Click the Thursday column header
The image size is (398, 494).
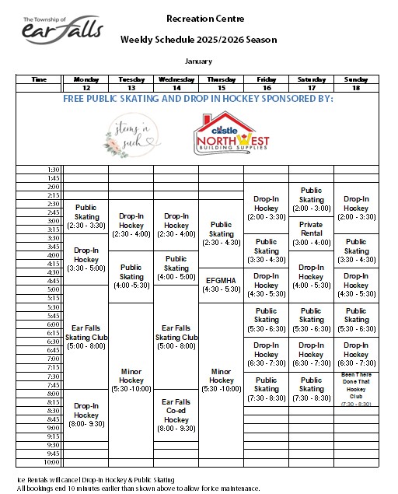click(221, 79)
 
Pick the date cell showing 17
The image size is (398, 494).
click(311, 88)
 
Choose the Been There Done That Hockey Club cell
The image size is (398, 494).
click(356, 389)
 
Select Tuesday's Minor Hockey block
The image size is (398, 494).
click(131, 380)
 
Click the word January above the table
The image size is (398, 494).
click(198, 60)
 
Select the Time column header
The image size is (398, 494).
click(39, 79)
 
